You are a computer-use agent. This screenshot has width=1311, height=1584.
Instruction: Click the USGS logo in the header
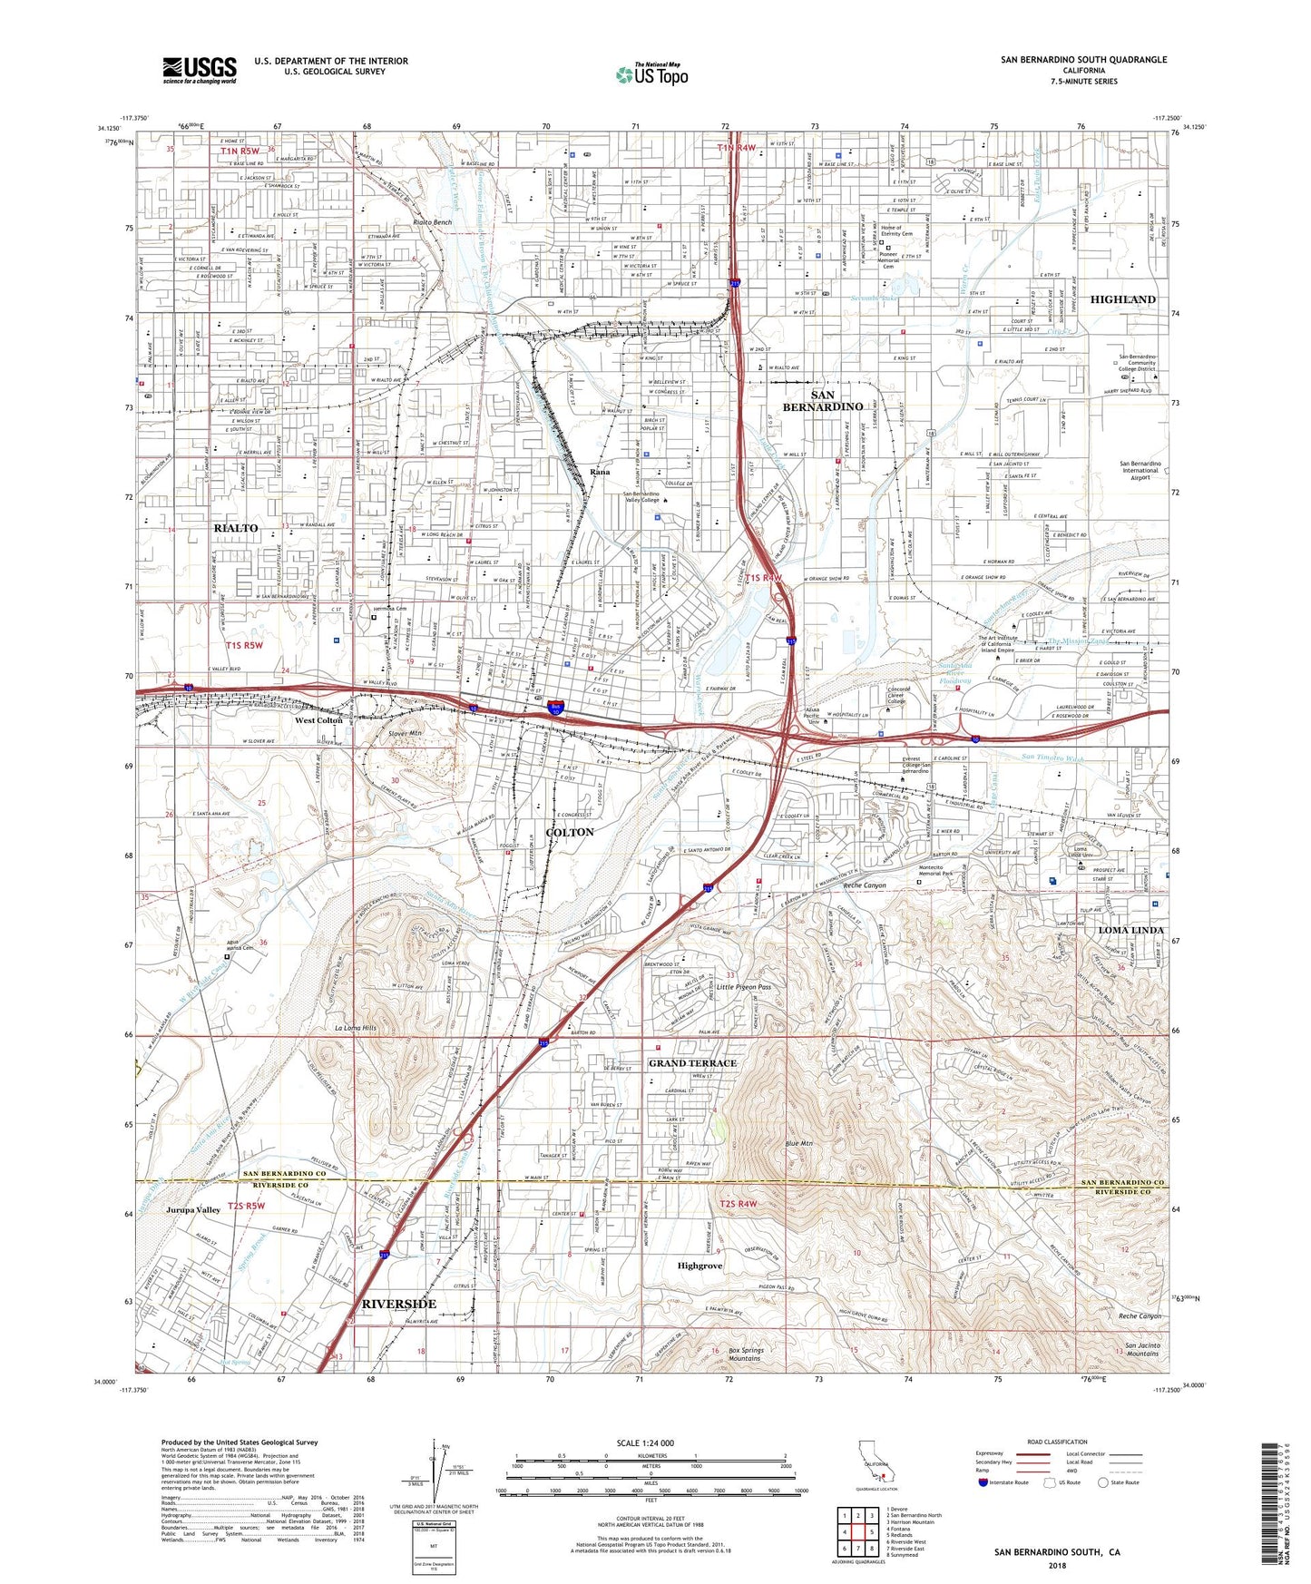pos(200,69)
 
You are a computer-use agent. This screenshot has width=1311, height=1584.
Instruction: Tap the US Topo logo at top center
pos(651,74)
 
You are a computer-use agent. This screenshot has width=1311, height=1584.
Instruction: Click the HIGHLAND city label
pos(1122,299)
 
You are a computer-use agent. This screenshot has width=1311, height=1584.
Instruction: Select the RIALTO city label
pos(236,527)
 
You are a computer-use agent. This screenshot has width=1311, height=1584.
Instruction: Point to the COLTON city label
pos(570,832)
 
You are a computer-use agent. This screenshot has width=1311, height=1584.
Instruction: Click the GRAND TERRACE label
pos(692,1062)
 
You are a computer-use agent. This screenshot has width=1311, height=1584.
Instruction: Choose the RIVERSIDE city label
pos(399,1304)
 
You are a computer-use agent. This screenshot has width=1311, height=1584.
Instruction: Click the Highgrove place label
pos(700,1266)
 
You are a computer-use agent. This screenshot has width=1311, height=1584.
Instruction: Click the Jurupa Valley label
pos(193,1210)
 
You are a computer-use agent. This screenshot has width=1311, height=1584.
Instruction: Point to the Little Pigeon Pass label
pos(743,987)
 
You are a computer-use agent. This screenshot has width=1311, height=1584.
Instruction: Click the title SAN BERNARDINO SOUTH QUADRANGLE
pos(1083,60)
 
